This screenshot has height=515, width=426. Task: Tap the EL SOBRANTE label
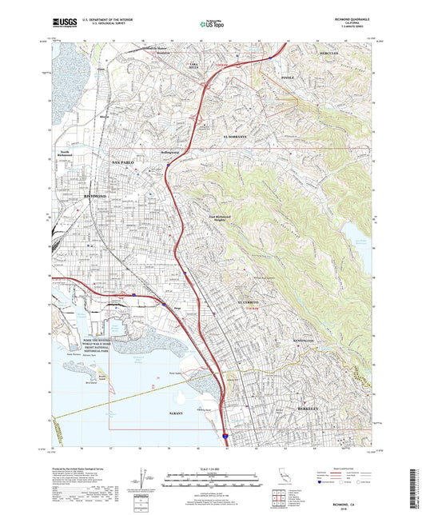(x=237, y=137)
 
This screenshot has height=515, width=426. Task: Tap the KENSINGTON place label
(x=308, y=341)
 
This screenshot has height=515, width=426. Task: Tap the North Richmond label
(x=66, y=153)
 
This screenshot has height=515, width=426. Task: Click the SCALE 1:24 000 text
(x=212, y=469)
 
